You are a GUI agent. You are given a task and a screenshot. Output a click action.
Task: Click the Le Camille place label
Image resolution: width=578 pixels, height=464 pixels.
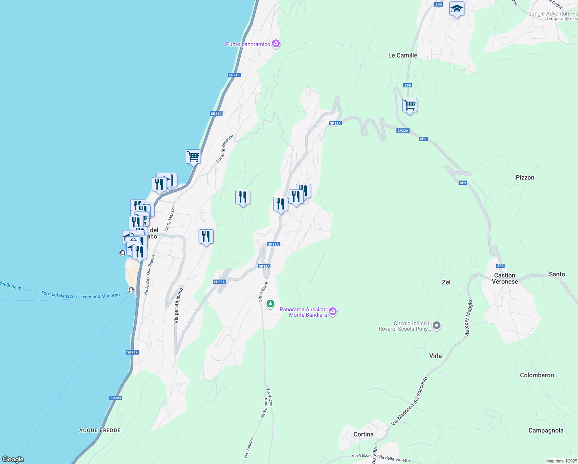403,55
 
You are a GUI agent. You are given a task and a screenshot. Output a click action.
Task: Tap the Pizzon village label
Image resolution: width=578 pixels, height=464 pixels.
525,177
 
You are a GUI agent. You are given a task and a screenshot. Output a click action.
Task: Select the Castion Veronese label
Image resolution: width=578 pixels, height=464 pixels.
505,278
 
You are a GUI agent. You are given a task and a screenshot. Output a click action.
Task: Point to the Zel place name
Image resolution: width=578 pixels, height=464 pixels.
446,282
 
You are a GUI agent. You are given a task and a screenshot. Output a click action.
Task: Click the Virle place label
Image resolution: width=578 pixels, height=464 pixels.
435,356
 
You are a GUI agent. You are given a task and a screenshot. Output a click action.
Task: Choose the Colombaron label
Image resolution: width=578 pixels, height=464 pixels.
537,375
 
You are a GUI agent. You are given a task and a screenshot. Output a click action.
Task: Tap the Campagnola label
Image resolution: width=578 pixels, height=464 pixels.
546,430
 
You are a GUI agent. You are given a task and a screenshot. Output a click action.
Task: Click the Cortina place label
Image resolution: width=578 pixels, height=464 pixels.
363,434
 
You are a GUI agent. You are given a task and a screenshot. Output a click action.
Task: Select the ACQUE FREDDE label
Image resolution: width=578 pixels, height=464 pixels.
100,430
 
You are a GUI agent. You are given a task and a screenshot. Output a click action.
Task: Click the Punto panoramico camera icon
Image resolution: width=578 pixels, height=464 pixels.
276,44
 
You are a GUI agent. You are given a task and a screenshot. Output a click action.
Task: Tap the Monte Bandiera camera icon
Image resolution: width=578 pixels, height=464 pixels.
333,312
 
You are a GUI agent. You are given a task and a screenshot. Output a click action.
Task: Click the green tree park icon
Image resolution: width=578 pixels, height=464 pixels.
270,304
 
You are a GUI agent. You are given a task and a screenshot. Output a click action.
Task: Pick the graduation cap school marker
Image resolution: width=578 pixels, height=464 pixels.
457,9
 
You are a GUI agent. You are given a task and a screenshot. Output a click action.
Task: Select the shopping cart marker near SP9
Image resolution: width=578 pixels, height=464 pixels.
410,105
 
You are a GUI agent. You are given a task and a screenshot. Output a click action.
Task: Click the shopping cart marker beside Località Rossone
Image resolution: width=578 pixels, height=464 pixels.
193,157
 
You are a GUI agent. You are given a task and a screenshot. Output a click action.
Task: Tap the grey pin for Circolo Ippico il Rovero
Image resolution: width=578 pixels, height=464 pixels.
437,326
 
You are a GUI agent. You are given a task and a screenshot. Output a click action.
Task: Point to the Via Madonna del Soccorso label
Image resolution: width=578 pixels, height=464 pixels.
409,402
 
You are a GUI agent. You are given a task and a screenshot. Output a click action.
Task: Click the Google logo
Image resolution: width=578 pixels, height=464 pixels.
13,459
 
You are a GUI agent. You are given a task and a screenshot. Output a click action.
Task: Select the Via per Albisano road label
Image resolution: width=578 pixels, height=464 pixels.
178,305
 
